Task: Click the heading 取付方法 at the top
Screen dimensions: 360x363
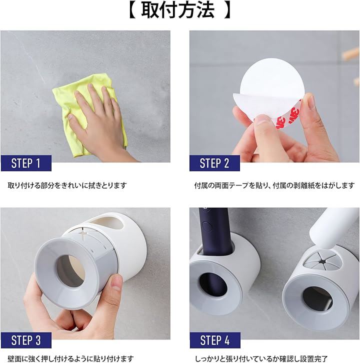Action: click(178, 10)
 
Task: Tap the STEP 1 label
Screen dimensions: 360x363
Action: click(25, 163)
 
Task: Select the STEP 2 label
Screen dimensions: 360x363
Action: click(214, 163)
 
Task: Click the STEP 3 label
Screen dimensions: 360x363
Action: click(26, 340)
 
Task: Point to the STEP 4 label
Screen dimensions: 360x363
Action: click(215, 340)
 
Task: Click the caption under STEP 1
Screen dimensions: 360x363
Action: click(67, 185)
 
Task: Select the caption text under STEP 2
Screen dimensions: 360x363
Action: click(274, 185)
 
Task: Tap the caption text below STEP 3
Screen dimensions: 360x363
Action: click(70, 358)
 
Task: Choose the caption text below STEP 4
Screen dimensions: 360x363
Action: click(261, 358)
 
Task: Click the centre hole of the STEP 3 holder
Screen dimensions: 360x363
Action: click(70, 271)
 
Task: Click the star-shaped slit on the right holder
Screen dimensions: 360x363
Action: click(321, 262)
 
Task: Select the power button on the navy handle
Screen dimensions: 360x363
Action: click(206, 226)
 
